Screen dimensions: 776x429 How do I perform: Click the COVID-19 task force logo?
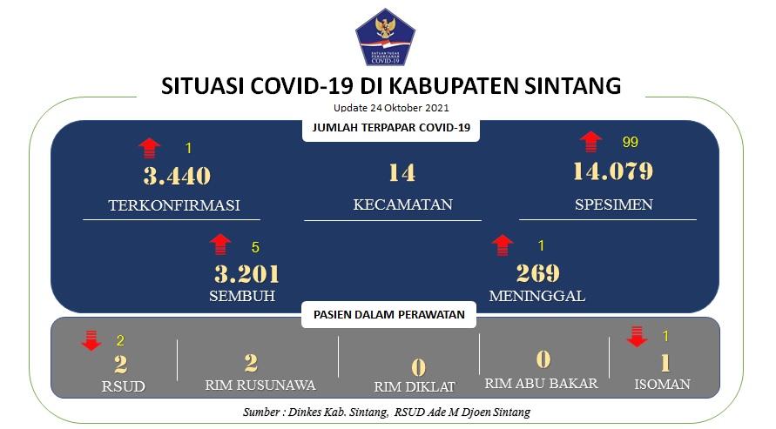pyautogui.click(x=385, y=37)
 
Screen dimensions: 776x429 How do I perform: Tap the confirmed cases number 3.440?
pyautogui.click(x=177, y=176)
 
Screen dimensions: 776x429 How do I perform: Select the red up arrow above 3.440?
pyautogui.click(x=150, y=148)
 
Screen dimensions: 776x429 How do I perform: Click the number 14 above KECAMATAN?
pyautogui.click(x=401, y=173)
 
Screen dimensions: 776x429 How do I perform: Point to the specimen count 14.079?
pyautogui.click(x=613, y=171)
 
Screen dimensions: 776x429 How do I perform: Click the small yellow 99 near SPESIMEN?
pyautogui.click(x=630, y=143)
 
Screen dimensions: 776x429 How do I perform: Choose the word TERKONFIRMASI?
pyautogui.click(x=174, y=205)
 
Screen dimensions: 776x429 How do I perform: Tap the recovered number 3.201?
pyautogui.click(x=247, y=274)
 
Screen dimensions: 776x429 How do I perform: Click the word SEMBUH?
pyautogui.click(x=242, y=296)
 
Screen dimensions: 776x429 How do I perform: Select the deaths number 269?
pyautogui.click(x=538, y=273)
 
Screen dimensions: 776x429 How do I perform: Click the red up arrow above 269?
pyautogui.click(x=503, y=245)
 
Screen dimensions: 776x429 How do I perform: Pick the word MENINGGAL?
pyautogui.click(x=537, y=296)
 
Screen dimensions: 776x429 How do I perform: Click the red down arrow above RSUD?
pyautogui.click(x=91, y=340)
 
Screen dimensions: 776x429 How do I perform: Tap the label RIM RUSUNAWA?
pyautogui.click(x=260, y=385)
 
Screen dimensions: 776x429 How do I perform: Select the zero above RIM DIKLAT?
pyautogui.click(x=419, y=367)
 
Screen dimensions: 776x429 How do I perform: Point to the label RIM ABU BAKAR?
pyautogui.click(x=542, y=384)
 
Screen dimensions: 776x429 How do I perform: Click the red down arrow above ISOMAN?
pyautogui.click(x=637, y=337)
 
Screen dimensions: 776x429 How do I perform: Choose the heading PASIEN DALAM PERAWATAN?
pyautogui.click(x=389, y=315)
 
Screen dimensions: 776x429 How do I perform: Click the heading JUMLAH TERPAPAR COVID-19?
pyautogui.click(x=391, y=128)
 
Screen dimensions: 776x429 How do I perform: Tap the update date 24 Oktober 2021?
pyautogui.click(x=409, y=108)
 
